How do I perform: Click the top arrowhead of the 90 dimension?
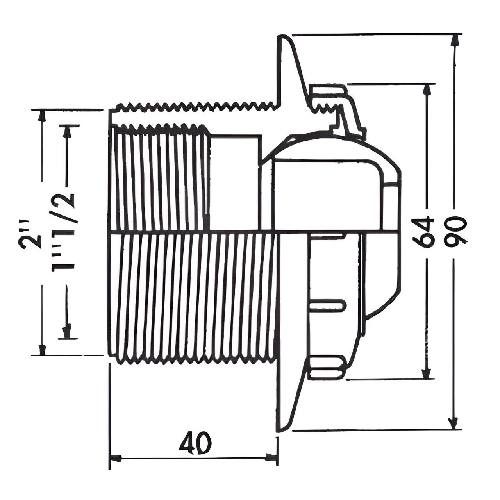coord(454,41)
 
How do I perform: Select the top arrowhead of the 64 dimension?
coord(427,90)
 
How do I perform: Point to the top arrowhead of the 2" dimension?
coord(41,116)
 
